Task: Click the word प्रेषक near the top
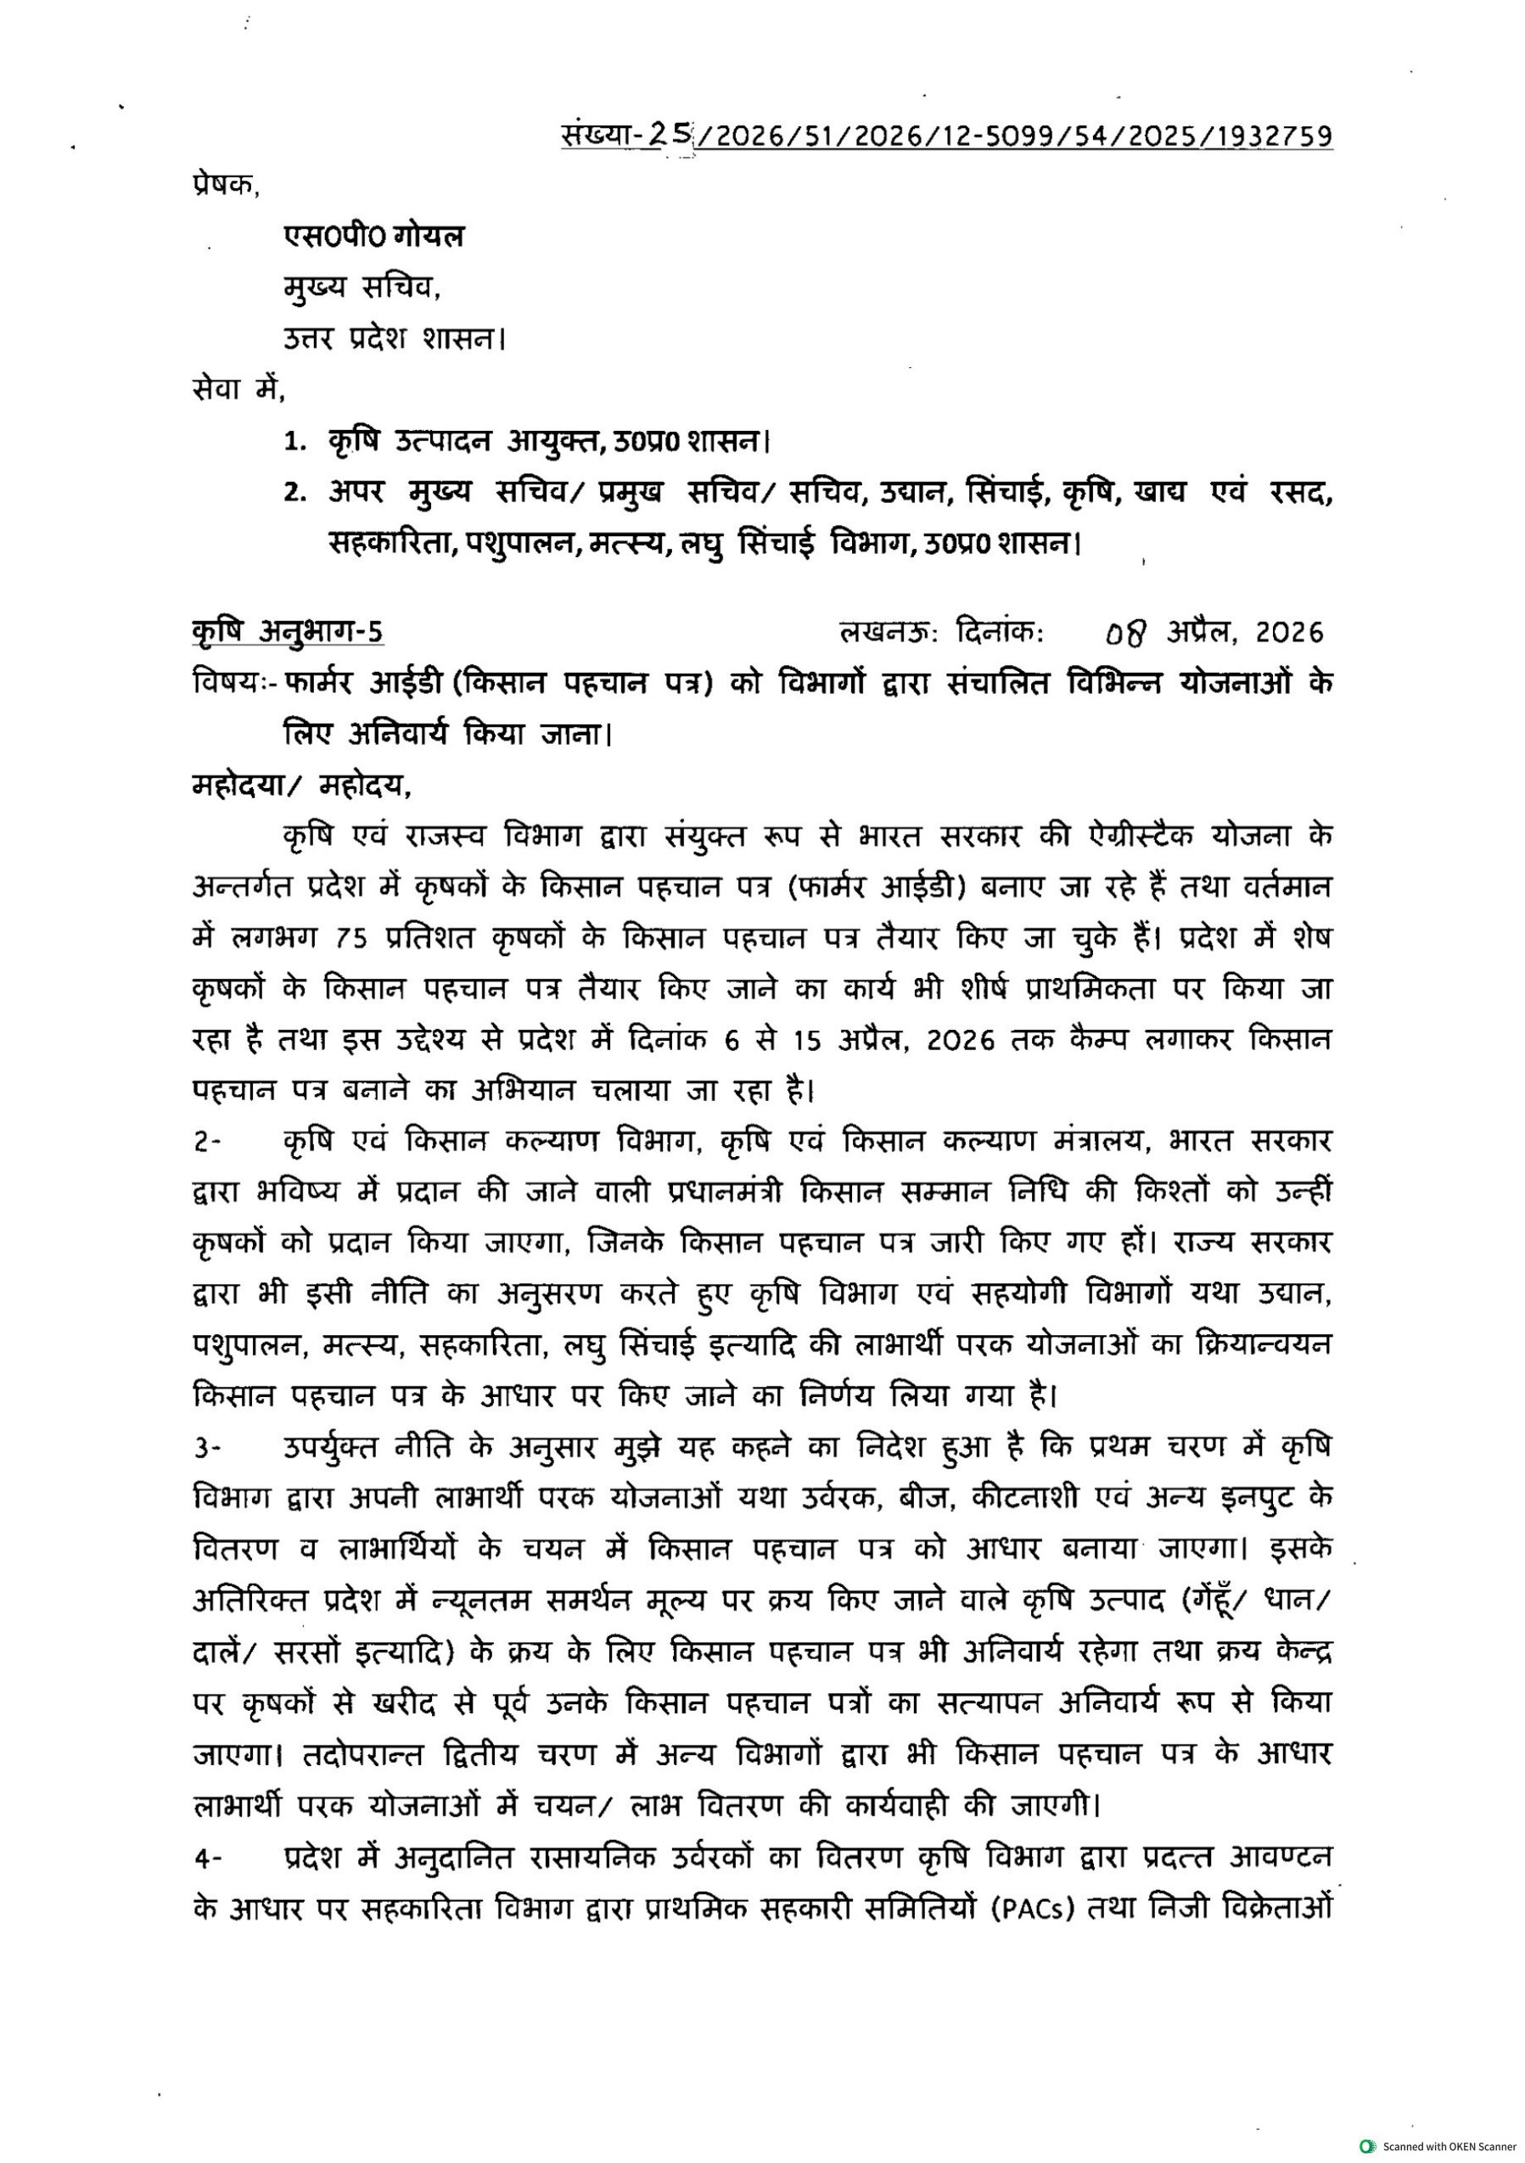pos(223,186)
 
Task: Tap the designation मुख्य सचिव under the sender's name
pos(362,287)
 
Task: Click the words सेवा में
pos(237,388)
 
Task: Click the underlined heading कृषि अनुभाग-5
pos(288,631)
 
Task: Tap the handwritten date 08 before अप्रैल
pos(1127,633)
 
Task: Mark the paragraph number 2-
pos(206,1143)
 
